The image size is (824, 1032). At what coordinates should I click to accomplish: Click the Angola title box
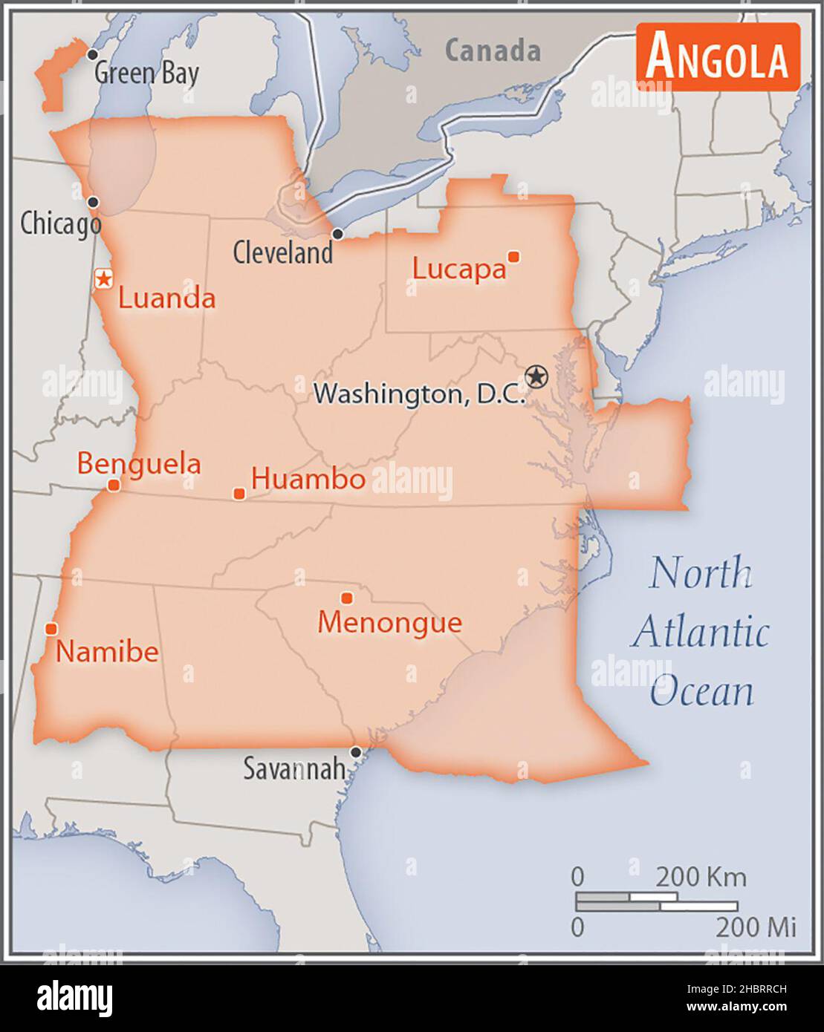coord(718,56)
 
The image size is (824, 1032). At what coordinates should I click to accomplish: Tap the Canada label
coord(493,50)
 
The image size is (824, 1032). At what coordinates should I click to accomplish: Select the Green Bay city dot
coord(92,54)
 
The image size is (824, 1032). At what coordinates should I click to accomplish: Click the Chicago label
coord(60,223)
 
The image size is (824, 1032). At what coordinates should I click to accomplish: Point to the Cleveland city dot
coord(337,234)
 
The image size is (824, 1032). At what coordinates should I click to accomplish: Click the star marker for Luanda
coord(104,278)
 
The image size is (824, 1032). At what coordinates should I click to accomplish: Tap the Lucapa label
coord(458,269)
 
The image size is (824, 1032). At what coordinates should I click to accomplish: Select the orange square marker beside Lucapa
coord(513,257)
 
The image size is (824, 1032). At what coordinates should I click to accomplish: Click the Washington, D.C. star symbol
coord(535,376)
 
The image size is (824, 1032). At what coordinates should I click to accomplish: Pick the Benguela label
coord(139,463)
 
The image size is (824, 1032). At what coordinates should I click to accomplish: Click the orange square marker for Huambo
coord(239,494)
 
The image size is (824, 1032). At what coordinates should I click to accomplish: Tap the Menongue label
coord(389,622)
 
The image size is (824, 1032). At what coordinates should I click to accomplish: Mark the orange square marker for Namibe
coord(51,629)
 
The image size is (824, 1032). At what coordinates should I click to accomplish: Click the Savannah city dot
coord(356,752)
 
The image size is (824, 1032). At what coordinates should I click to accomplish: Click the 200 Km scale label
coord(700,877)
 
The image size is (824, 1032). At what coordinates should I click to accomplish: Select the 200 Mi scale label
coord(755,927)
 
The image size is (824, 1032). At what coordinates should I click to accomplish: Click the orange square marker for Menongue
coord(346,598)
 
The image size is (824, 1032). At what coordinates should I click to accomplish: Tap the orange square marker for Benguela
coord(114,486)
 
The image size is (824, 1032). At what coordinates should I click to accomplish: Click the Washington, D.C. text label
coord(418,393)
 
